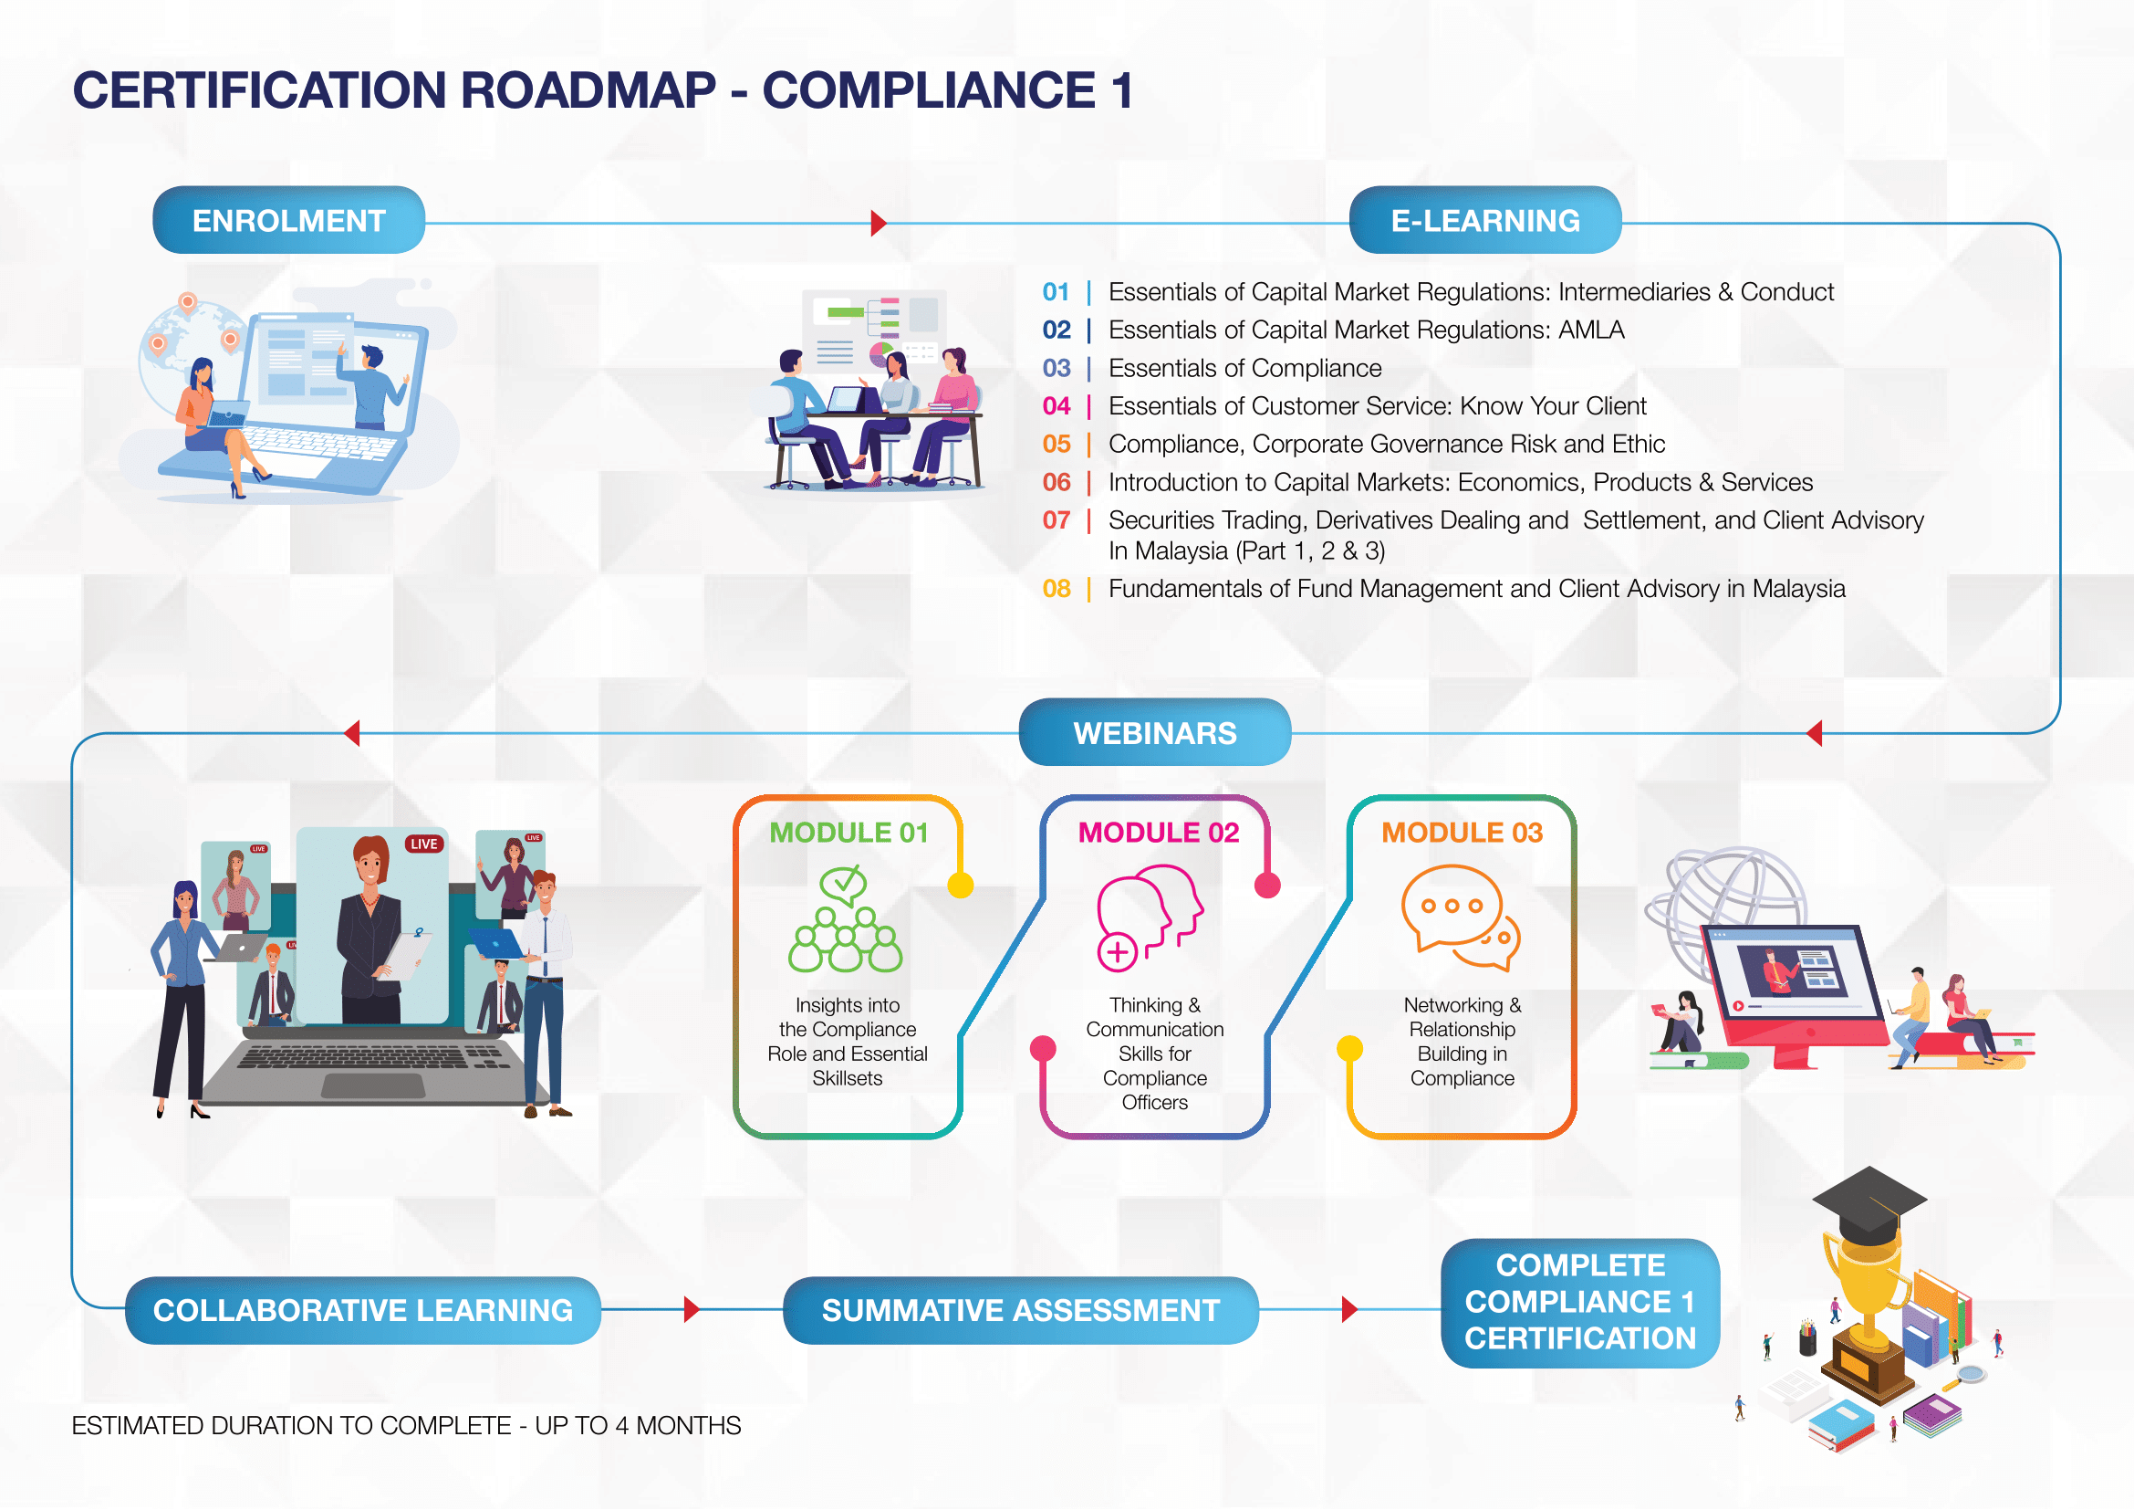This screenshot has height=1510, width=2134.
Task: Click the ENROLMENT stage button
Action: pos(288,220)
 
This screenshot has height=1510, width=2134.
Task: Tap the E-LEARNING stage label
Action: pos(1484,220)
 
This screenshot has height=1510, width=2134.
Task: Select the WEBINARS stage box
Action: pos(1154,733)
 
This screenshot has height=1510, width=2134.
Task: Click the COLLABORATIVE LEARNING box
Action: pos(362,1310)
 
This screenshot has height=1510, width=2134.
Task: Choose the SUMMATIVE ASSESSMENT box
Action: pos(1021,1310)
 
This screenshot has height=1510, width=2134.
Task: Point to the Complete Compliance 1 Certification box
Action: pos(1580,1303)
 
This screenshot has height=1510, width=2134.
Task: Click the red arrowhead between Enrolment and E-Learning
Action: pos(879,223)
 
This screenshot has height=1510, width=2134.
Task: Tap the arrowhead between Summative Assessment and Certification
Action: pos(1349,1310)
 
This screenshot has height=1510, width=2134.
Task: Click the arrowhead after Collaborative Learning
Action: pos(692,1310)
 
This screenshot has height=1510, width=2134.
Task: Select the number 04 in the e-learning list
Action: pos(1056,406)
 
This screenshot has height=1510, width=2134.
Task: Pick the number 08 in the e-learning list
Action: pos(1056,589)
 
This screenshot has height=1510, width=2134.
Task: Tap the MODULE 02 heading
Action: pos(1158,833)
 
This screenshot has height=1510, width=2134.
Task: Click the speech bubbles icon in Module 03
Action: pos(1459,917)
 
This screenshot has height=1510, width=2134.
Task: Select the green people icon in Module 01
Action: pos(844,918)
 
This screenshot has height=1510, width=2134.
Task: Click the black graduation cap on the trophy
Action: pos(1869,1203)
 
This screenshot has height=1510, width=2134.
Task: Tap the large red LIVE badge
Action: pos(424,844)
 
